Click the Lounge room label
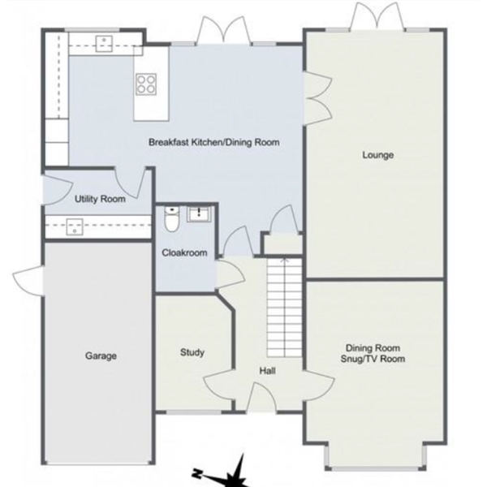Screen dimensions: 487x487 (378, 155)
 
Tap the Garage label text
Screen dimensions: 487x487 (101, 356)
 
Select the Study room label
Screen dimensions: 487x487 (192, 352)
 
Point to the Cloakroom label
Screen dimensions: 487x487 (184, 252)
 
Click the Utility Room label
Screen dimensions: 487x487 (100, 199)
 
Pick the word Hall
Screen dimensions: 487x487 (267, 371)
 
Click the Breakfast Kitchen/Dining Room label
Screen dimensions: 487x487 (214, 142)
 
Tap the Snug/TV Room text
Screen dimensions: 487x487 (373, 359)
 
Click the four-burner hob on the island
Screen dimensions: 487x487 (146, 84)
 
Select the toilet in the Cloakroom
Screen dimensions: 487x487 (171, 218)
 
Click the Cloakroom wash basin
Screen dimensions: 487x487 (199, 214)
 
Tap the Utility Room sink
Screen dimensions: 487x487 (75, 226)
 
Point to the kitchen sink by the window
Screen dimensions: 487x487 (104, 44)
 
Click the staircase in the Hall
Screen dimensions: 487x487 (285, 308)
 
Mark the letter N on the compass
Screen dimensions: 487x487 (196, 473)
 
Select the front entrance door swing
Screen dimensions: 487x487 (261, 397)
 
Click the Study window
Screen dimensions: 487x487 (194, 412)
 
